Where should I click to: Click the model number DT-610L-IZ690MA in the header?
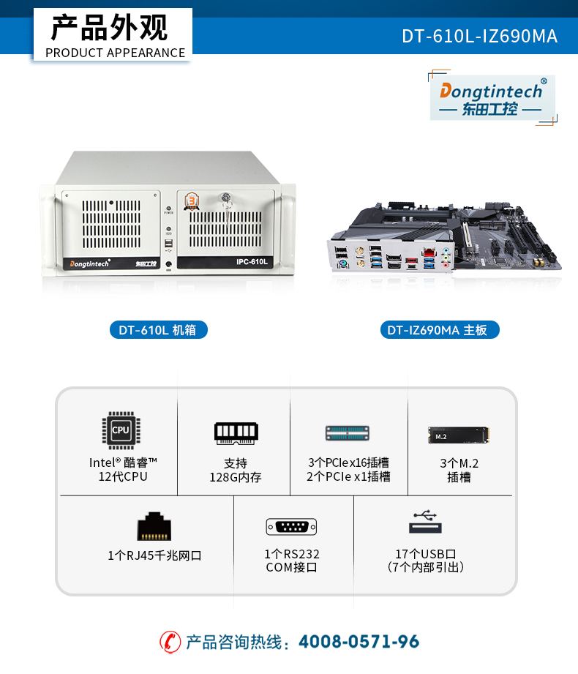[479, 36]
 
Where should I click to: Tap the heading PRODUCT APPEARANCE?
[115, 53]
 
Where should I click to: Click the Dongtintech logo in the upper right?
[492, 97]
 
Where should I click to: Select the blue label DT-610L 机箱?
[159, 330]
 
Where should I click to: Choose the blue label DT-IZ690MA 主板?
[440, 330]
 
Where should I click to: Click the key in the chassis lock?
[226, 207]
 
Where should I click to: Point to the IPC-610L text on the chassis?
[252, 262]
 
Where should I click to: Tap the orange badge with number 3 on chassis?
[192, 201]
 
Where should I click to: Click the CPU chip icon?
[121, 430]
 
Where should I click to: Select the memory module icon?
[236, 433]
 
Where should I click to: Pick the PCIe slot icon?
[348, 433]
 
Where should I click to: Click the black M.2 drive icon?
[459, 435]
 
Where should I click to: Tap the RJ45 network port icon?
[154, 526]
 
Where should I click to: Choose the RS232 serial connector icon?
[291, 527]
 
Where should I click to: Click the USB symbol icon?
[425, 521]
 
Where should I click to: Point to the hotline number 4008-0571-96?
[359, 642]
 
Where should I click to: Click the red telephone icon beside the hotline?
[170, 643]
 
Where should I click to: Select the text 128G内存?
[236, 477]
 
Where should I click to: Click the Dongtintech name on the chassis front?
[89, 263]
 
